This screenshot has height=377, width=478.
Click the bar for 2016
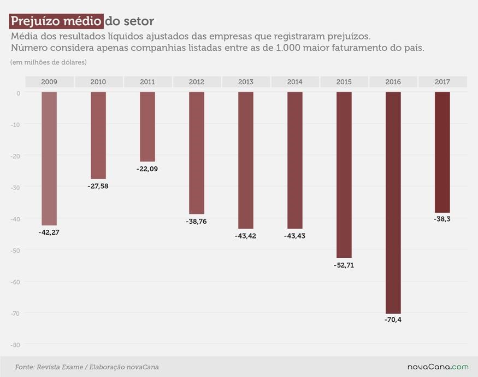393,202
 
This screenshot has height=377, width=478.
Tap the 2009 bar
49,159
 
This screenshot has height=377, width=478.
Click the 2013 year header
246,82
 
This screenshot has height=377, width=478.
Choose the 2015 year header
344,82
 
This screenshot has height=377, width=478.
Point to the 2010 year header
98,82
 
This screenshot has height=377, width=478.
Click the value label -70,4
393,319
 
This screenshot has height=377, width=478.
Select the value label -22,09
147,169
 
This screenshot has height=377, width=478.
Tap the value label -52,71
344,265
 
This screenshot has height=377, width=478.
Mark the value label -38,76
196,222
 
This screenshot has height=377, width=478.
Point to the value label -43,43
294,236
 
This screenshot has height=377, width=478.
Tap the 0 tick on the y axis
18,93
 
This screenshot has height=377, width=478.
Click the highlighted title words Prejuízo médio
56,21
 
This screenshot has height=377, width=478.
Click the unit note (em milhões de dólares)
48,62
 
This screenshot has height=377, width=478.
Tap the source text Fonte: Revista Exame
49,367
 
